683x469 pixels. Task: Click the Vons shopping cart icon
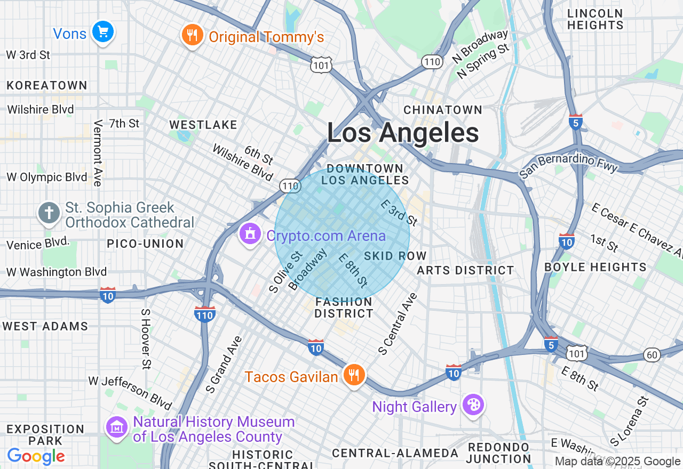(102, 32)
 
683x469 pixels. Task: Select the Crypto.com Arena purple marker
(250, 234)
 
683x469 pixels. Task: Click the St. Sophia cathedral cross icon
(49, 213)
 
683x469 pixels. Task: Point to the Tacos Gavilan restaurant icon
(353, 375)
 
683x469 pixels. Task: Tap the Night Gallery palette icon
(473, 405)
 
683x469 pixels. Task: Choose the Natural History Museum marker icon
(117, 427)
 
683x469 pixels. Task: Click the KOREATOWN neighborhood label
(47, 85)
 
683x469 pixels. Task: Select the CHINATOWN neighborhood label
(443, 110)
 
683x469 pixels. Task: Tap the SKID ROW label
(395, 256)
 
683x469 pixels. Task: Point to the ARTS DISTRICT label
(465, 271)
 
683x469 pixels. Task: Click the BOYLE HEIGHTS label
(595, 267)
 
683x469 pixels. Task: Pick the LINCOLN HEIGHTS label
(595, 19)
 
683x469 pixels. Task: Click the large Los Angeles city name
(403, 133)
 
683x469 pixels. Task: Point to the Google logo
(36, 457)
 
